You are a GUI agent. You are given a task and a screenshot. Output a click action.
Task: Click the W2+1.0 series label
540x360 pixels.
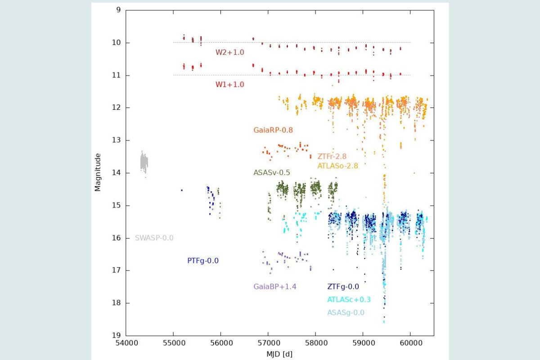coord(229,52)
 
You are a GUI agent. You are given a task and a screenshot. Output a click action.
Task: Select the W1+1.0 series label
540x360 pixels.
coord(229,84)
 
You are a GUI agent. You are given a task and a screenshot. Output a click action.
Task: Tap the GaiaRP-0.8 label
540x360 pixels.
coord(273,130)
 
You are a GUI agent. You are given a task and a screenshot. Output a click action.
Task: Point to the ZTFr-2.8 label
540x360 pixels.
coord(332,157)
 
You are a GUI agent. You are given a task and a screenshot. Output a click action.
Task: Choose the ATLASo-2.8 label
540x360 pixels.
coord(338,166)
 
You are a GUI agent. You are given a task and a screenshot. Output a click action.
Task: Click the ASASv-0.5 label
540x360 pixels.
coord(272,172)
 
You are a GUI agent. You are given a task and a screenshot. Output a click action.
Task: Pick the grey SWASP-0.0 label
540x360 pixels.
coord(154,238)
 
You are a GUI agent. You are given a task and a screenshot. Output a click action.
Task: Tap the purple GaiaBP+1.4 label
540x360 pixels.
coord(275,286)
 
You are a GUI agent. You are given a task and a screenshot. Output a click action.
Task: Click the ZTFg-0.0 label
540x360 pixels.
coord(343,286)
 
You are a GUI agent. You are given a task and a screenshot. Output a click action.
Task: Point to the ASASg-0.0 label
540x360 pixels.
coord(346,312)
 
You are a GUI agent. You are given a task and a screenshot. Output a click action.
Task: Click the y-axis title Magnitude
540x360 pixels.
coord(98,172)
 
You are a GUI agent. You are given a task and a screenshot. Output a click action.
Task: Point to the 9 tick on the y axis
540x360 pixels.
coord(118,10)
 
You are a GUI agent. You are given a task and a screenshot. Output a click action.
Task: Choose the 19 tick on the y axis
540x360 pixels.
coord(117,335)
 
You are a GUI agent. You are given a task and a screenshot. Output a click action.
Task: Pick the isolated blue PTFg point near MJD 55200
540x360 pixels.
coord(182,190)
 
